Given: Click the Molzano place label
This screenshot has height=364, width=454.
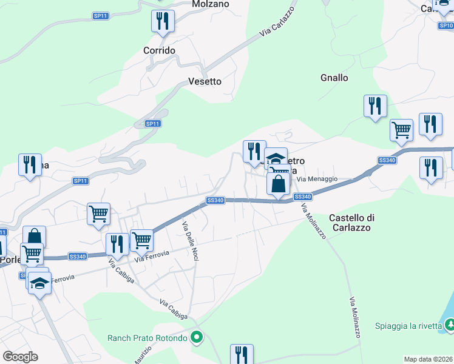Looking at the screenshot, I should (x=211, y=4).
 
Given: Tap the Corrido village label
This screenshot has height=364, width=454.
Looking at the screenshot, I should (x=159, y=50).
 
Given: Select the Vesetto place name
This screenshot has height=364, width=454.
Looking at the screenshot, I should (x=205, y=81).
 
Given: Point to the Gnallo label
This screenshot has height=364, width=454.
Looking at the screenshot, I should (x=334, y=78).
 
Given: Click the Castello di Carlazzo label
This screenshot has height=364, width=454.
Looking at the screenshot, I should (x=353, y=223).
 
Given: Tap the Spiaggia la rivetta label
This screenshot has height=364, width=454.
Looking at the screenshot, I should (x=408, y=326).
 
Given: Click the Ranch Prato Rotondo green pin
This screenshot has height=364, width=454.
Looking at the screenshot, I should (x=196, y=337).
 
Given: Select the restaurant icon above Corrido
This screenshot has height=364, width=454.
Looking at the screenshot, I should (x=163, y=21).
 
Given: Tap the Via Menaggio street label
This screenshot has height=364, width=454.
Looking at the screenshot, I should (x=316, y=178).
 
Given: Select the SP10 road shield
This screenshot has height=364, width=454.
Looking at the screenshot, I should (x=446, y=25).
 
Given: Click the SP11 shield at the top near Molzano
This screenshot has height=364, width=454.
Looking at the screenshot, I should (x=101, y=15).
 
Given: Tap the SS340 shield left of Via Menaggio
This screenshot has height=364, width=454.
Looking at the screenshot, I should (x=302, y=197).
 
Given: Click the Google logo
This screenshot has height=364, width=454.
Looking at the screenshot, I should (x=21, y=357).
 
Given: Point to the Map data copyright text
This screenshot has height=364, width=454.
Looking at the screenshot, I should (x=428, y=359).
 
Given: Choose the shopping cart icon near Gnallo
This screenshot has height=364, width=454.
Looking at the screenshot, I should (x=401, y=129).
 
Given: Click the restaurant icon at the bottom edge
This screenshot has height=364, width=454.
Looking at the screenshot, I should (x=242, y=354).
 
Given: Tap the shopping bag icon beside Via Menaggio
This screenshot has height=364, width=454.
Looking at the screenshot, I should (x=278, y=183).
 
